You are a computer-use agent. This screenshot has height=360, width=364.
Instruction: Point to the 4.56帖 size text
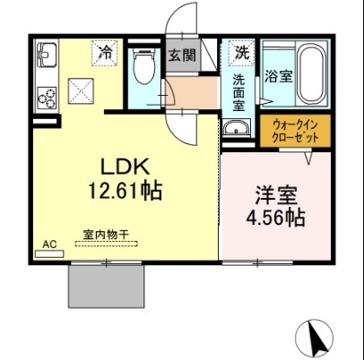click(274, 218)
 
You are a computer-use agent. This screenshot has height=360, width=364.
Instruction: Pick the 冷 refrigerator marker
click(106, 53)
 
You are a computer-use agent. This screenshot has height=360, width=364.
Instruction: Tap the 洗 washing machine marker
click(240, 53)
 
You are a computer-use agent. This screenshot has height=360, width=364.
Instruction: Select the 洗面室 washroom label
click(239, 92)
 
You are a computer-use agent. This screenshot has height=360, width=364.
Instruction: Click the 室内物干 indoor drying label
click(108, 236)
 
